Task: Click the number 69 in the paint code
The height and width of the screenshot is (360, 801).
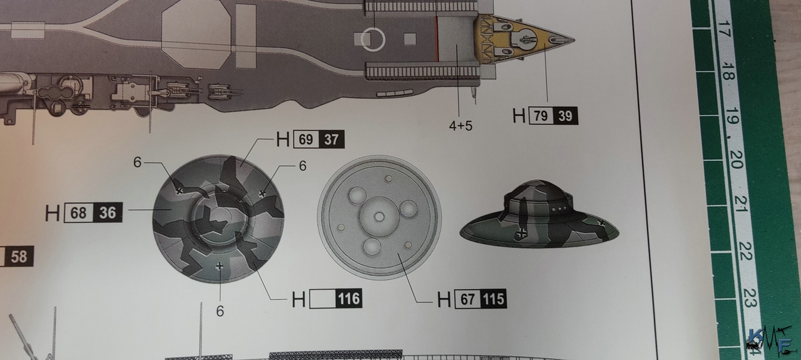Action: [306, 139]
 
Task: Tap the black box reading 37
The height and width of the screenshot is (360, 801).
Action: [332, 139]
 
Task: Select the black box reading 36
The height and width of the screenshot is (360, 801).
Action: [108, 213]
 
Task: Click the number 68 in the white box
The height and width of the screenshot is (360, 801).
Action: [78, 213]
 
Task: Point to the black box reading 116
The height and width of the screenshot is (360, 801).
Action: [349, 299]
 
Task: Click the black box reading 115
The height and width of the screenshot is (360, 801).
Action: [494, 299]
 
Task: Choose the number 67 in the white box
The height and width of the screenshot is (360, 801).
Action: [467, 299]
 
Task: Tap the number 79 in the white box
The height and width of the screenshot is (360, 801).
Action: [541, 116]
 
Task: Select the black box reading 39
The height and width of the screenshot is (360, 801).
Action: [565, 116]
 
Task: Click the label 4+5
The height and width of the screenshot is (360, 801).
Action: [461, 126]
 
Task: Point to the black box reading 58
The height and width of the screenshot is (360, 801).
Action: [18, 256]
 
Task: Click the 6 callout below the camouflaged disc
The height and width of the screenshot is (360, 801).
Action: [220, 311]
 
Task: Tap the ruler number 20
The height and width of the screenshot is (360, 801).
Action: [737, 160]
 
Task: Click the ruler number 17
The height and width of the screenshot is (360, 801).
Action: [723, 29]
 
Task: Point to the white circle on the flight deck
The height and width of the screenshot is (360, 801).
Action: [372, 39]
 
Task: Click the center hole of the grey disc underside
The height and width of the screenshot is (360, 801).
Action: [379, 217]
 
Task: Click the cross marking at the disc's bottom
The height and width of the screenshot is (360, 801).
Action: [219, 266]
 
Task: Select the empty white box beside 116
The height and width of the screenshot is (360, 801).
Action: [322, 299]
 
